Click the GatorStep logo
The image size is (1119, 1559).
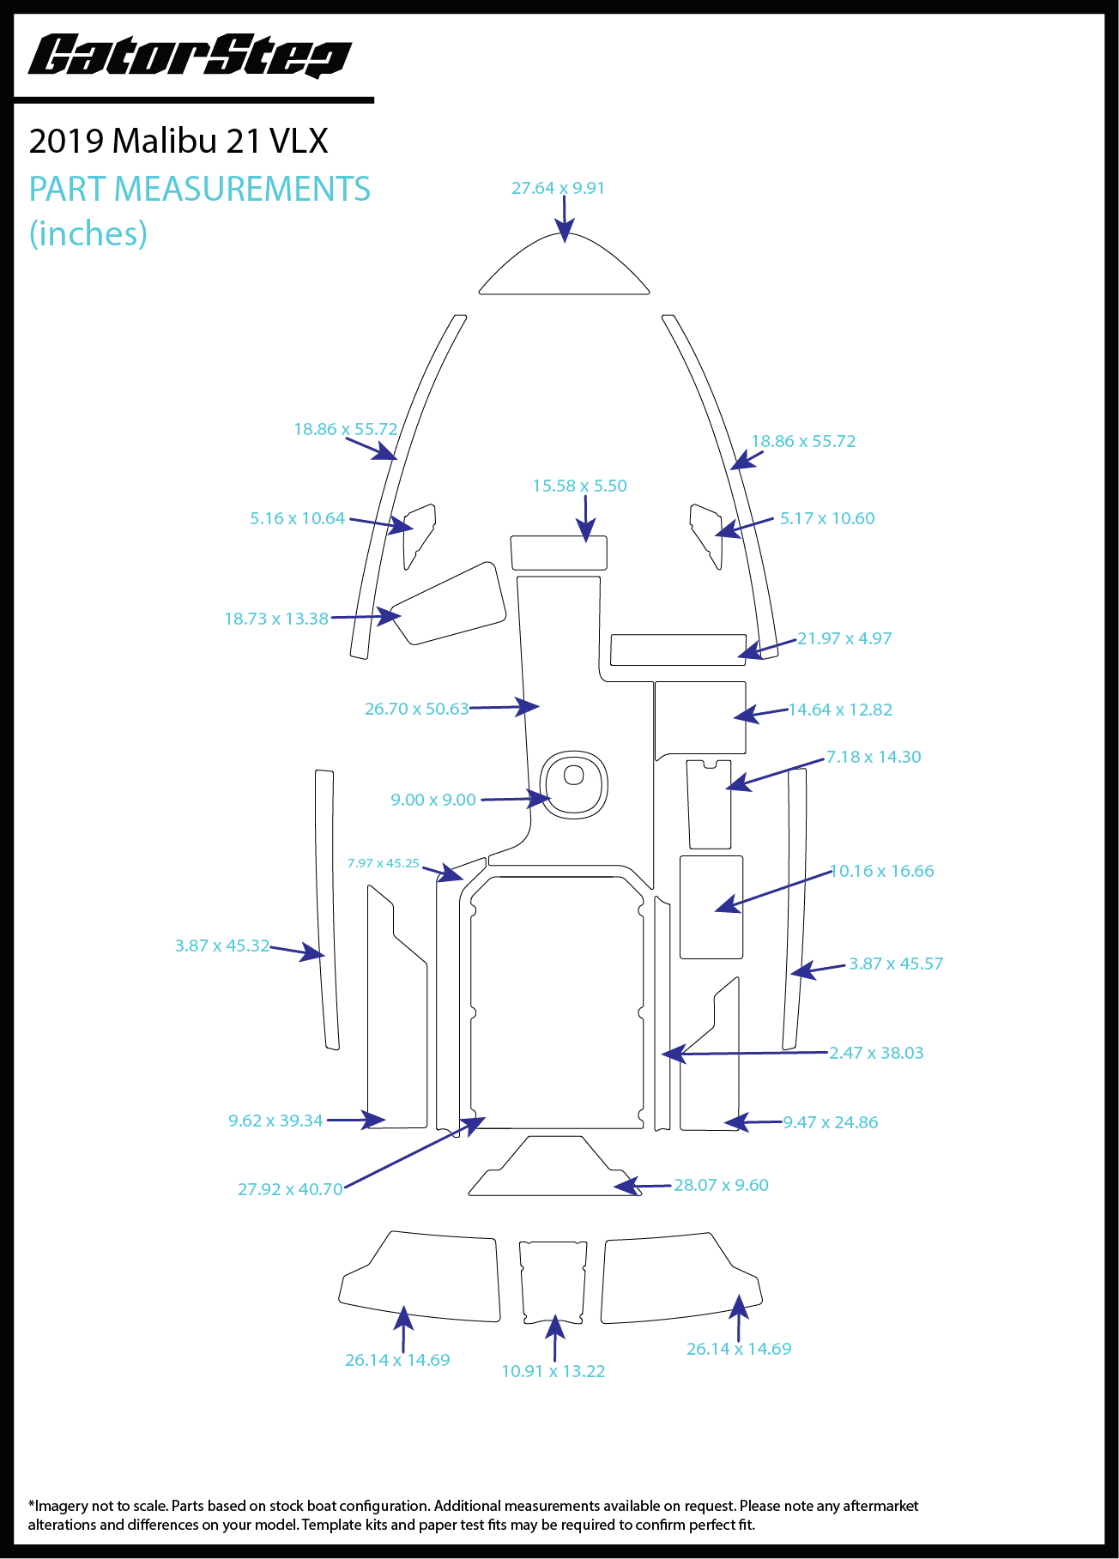tap(190, 57)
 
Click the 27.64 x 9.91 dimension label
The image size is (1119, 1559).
tap(558, 188)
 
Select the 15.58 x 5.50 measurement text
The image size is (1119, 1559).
tap(579, 486)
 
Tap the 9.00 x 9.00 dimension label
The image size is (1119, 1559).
tap(433, 800)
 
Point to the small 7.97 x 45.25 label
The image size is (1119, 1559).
tap(383, 863)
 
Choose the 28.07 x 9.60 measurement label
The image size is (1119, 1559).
tap(721, 1185)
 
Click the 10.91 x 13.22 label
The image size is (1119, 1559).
tap(553, 1371)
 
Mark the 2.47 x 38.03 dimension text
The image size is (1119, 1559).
tap(876, 1053)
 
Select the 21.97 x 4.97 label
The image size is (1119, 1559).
tap(844, 638)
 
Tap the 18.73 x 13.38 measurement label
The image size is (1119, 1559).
tap(276, 619)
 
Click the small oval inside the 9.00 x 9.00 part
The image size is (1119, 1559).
tap(573, 776)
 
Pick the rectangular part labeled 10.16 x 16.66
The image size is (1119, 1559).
tap(711, 906)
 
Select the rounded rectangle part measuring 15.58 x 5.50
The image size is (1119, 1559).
tap(559, 553)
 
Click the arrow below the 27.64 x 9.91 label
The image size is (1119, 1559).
tap(564, 219)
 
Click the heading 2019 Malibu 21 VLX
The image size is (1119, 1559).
tap(178, 142)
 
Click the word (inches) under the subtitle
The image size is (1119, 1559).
tap(88, 233)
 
